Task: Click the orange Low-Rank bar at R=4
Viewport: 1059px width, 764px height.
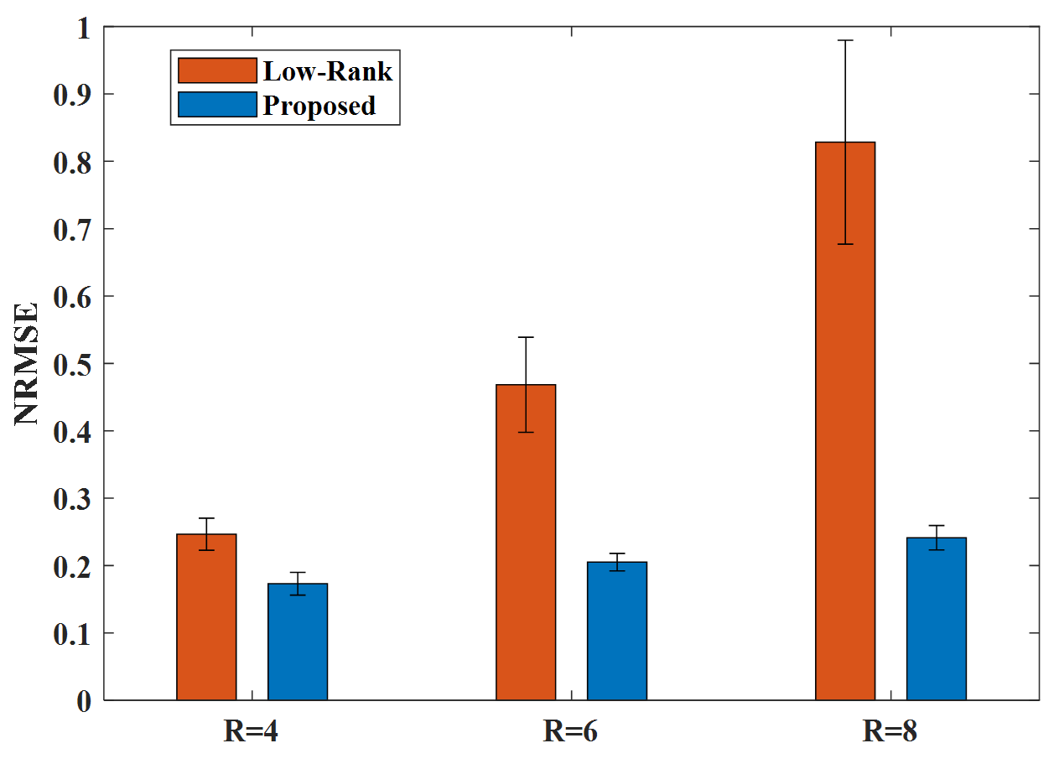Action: point(206,617)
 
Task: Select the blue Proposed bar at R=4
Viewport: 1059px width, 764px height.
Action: point(298,642)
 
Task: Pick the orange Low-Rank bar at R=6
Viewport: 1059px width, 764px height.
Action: point(526,543)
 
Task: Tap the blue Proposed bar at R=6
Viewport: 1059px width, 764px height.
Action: point(617,631)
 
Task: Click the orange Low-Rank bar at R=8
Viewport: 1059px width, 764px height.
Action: point(845,421)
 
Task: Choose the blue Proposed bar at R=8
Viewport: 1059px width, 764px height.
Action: point(937,618)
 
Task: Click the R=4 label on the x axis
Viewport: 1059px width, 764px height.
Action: point(251,731)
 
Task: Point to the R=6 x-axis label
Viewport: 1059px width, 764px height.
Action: point(570,731)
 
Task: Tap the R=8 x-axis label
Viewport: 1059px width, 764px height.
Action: point(890,731)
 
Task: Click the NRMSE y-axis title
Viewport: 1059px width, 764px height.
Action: point(26,364)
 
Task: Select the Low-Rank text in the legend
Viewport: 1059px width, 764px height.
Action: point(328,71)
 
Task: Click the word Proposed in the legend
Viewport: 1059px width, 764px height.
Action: point(319,106)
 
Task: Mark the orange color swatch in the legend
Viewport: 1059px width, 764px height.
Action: point(217,70)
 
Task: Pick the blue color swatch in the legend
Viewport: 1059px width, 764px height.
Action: point(217,105)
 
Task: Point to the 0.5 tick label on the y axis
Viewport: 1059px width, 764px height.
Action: point(72,365)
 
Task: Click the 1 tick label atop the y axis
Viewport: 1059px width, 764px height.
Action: point(84,29)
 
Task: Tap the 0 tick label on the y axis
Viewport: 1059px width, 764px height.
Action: point(84,702)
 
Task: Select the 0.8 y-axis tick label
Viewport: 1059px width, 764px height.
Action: point(72,163)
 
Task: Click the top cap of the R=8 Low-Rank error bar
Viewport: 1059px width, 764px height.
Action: point(845,40)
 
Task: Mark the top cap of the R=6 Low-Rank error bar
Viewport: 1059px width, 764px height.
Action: point(526,337)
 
